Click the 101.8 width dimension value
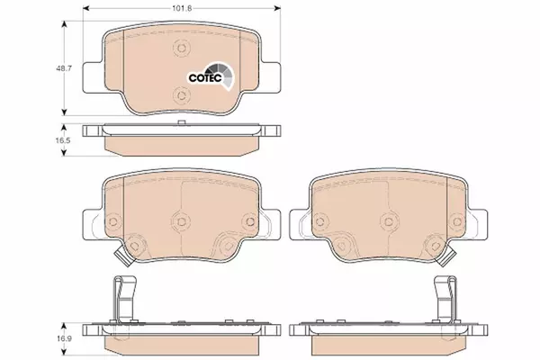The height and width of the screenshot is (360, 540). (182, 8)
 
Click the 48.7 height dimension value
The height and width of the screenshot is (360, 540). (64, 68)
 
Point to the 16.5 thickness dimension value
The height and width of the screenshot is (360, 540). (63, 140)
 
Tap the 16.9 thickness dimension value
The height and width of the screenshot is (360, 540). (63, 338)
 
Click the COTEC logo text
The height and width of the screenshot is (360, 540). (205, 78)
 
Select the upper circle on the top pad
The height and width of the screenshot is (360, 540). (182, 49)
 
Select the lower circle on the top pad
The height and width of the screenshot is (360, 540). (182, 94)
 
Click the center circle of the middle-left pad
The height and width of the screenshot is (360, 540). (182, 221)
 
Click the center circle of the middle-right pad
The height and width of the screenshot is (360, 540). (389, 221)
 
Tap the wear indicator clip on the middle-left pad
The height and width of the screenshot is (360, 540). (123, 257)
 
